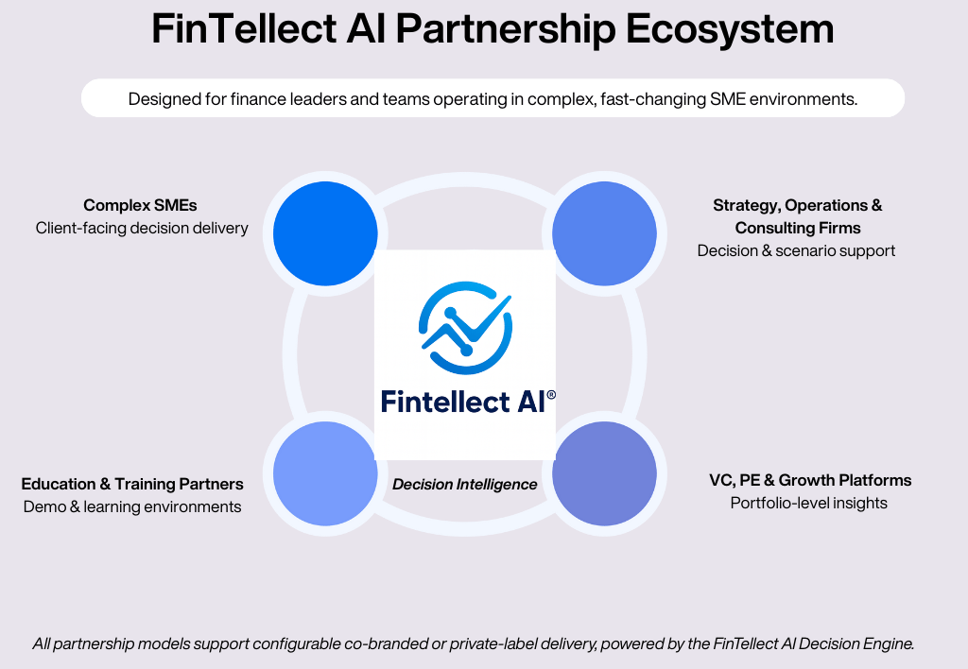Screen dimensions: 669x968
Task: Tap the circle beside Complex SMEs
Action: pyautogui.click(x=325, y=233)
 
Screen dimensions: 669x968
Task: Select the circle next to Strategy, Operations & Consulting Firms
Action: pyautogui.click(x=604, y=233)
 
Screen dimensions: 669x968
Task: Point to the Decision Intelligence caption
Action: pyautogui.click(x=464, y=485)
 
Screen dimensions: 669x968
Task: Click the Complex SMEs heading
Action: pyautogui.click(x=140, y=205)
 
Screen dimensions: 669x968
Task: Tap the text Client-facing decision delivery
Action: pyautogui.click(x=142, y=228)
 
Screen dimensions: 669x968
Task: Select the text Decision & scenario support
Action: pyautogui.click(x=796, y=250)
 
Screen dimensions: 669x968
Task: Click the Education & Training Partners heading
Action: pyautogui.click(x=132, y=484)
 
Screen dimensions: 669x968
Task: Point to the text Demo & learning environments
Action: pyautogui.click(x=132, y=506)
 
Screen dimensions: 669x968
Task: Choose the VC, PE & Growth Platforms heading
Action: pyautogui.click(x=810, y=480)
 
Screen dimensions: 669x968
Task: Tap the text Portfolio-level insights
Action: pyautogui.click(x=808, y=503)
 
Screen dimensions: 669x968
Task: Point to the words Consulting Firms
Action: pyautogui.click(x=798, y=228)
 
